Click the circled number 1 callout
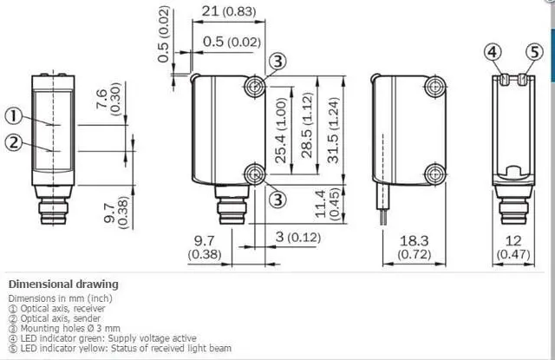click(14, 116)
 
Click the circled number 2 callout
click(14, 142)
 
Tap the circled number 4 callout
click(493, 52)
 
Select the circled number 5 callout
click(534, 52)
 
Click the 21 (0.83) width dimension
click(229, 11)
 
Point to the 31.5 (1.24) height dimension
click(333, 130)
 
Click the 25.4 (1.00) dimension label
click(280, 130)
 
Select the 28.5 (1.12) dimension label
click(307, 125)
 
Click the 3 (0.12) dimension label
click(298, 237)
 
